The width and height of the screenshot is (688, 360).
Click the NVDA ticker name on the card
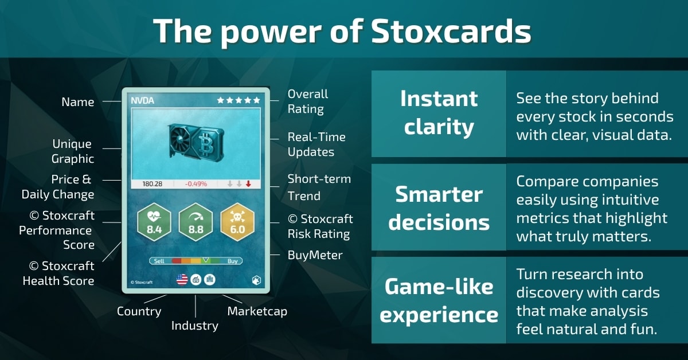click(143, 100)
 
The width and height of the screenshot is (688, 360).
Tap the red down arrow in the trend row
click(248, 184)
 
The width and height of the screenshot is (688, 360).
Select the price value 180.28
click(152, 184)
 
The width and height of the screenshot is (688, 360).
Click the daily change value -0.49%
click(196, 184)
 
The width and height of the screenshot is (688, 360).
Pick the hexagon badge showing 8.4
click(154, 222)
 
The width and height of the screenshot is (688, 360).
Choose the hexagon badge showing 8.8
click(196, 222)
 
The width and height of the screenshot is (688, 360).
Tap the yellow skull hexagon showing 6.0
click(237, 222)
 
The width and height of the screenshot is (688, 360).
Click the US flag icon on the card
click(182, 280)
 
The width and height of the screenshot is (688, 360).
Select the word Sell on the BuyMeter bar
click(159, 261)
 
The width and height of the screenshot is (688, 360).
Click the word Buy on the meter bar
click(233, 261)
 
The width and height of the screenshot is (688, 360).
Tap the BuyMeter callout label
click(315, 255)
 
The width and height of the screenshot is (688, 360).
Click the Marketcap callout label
click(257, 311)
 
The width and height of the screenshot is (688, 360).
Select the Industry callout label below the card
click(195, 326)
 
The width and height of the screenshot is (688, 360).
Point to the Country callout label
click(139, 311)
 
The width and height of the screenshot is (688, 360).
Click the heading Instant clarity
click(439, 113)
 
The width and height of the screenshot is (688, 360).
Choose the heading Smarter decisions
click(439, 208)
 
